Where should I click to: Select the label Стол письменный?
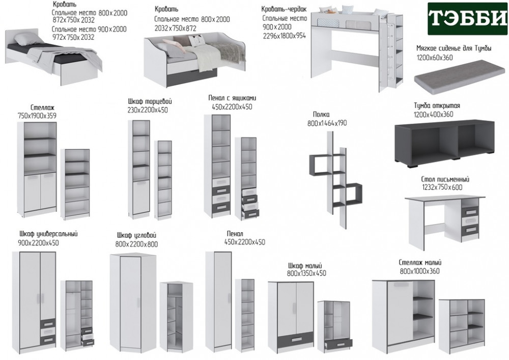click(445, 180)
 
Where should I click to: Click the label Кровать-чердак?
click(284, 9)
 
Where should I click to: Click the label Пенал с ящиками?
click(232, 98)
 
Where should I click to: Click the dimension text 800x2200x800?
click(136, 244)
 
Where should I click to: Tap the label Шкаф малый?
click(305, 265)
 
